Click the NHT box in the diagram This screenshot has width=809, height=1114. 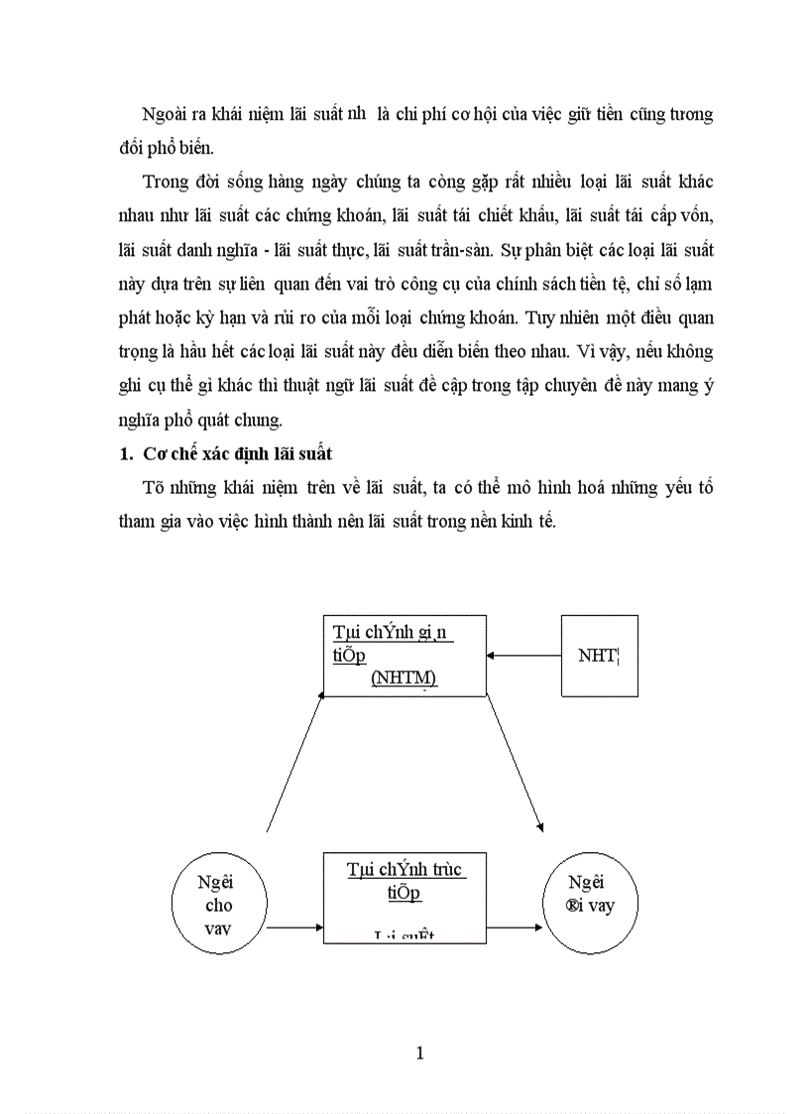[600, 655]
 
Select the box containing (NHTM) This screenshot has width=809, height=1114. [404, 655]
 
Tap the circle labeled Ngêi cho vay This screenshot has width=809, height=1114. [217, 904]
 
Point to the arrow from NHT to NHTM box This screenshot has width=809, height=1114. [523, 655]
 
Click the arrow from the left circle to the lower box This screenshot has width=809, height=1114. [294, 928]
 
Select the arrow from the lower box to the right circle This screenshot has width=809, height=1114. [512, 928]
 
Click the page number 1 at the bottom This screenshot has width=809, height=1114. [420, 1052]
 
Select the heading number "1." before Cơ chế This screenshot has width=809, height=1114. [126, 454]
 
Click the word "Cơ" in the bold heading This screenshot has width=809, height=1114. [153, 454]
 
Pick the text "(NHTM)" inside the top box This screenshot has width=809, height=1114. [404, 678]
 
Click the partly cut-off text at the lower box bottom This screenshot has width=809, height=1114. [405, 935]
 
